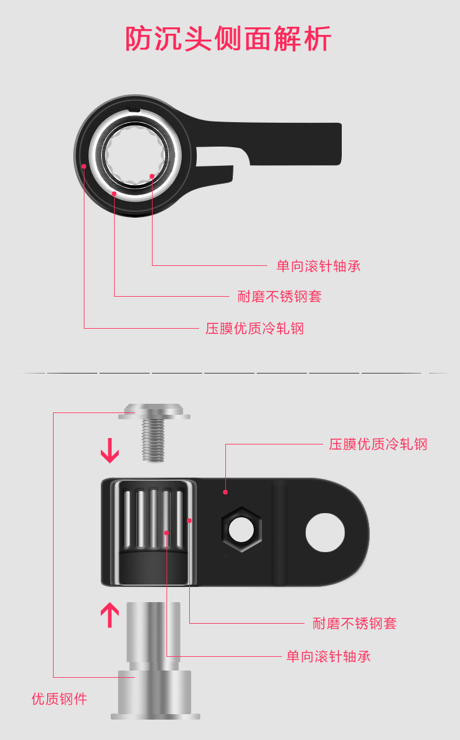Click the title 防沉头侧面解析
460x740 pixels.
coord(229,39)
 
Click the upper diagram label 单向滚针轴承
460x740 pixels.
coord(319,266)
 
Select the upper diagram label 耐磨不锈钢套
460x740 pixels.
coord(279,297)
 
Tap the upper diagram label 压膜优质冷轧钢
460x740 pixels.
coord(254,329)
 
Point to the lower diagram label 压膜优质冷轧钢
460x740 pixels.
coord(378,444)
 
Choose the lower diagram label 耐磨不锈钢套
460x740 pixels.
coord(354,624)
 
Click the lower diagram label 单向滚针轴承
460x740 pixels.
coord(328,657)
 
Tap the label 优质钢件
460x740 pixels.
coord(59,699)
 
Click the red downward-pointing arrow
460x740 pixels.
coord(109,452)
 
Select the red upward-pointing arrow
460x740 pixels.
coord(109,615)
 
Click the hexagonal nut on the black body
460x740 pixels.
coord(241,529)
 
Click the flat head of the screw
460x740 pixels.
coord(154,412)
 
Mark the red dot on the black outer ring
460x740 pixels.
coord(84,166)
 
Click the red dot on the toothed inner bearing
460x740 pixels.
coord(152,175)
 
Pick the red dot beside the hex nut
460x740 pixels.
coord(225,492)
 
